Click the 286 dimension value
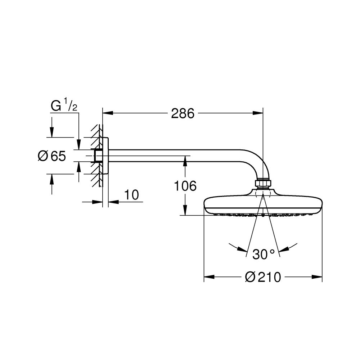pos(183,113)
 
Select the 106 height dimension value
pos(185,186)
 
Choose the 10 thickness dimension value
pos(132,195)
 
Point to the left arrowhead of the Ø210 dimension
pos(209,277)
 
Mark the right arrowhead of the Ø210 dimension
pos(317,277)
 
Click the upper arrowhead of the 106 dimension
pos(185,161)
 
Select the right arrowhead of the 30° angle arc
pos(283,250)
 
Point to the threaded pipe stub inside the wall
pos(96,156)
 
